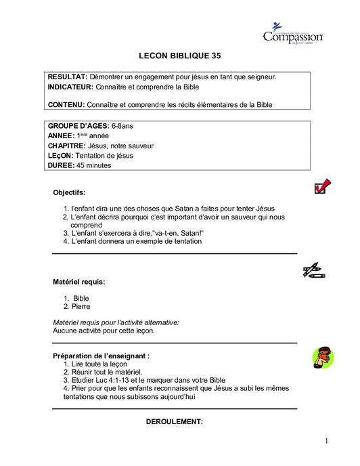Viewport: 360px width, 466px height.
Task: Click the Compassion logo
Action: [x=292, y=33]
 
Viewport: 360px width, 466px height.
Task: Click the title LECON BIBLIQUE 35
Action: [x=179, y=56]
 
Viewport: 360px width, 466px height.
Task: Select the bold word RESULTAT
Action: [x=68, y=77]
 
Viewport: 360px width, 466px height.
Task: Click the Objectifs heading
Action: [x=69, y=192]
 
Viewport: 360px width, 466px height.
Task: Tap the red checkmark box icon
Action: [x=322, y=186]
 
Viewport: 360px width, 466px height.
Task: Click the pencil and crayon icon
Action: [x=315, y=271]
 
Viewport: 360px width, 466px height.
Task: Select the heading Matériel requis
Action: [x=79, y=281]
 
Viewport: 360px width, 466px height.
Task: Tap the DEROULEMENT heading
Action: [x=175, y=422]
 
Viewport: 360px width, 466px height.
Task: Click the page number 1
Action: [x=325, y=442]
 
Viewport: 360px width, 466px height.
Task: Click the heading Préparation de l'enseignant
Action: [x=101, y=356]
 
